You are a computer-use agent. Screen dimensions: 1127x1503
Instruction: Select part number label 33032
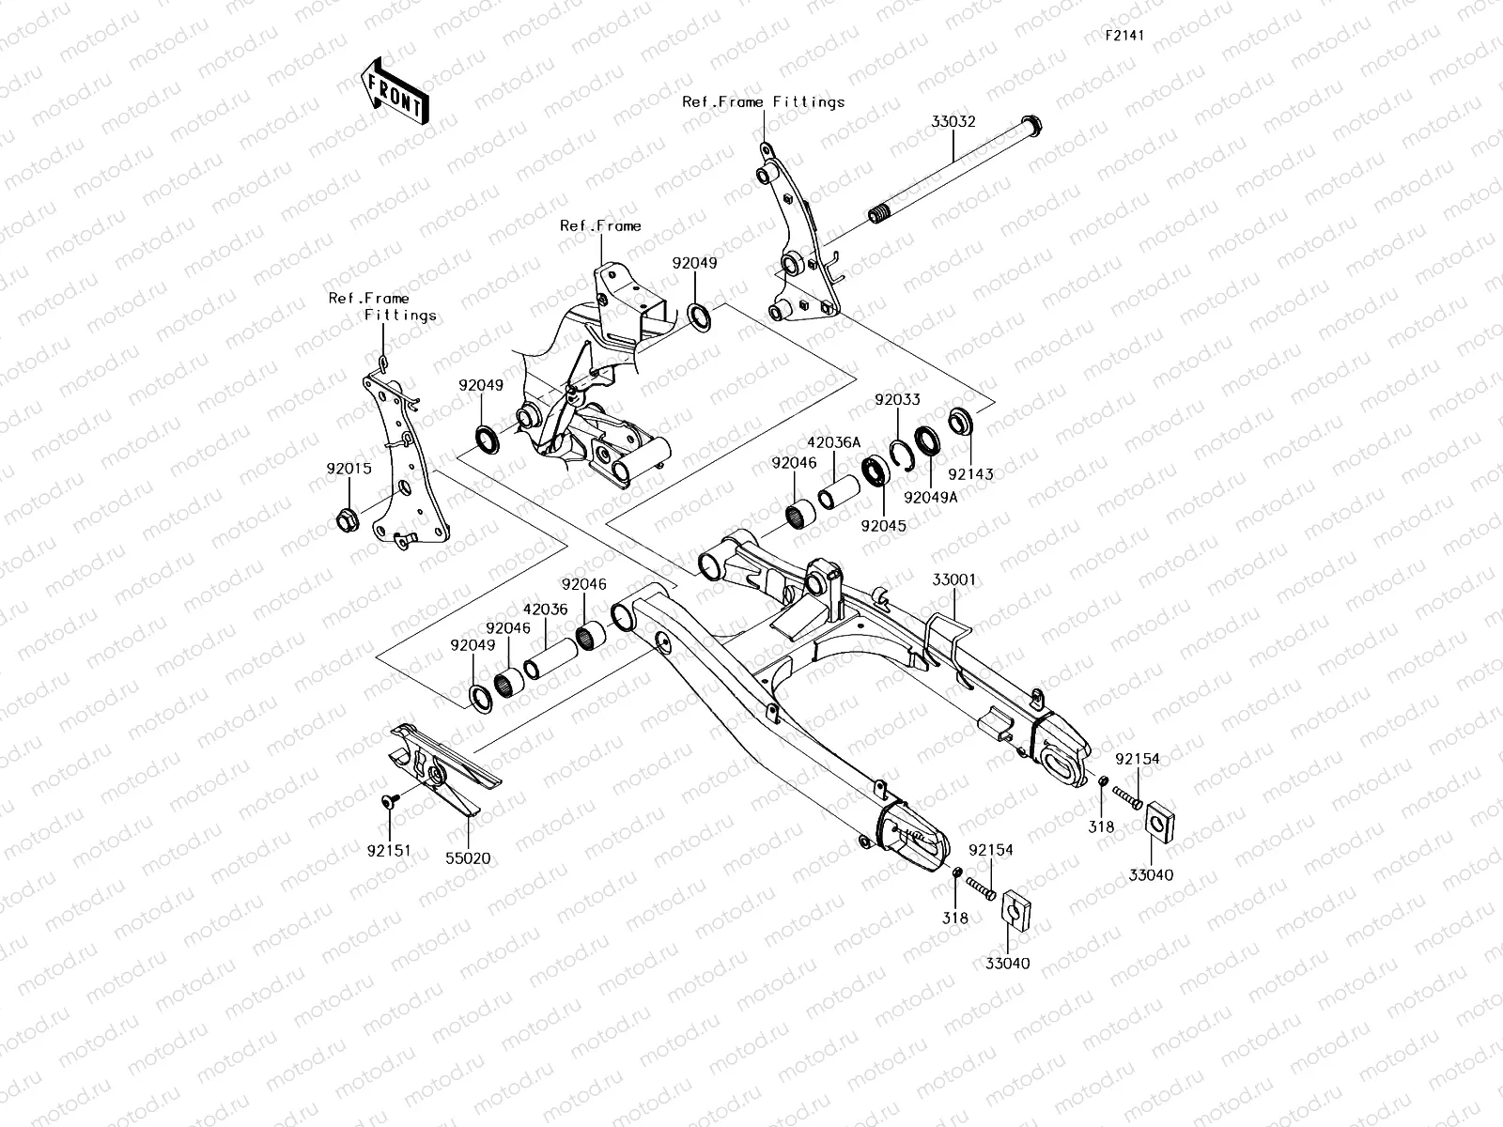pyautogui.click(x=953, y=122)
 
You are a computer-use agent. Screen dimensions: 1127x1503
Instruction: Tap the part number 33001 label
pyautogui.click(x=953, y=580)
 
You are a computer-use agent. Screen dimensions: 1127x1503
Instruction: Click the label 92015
pyautogui.click(x=349, y=468)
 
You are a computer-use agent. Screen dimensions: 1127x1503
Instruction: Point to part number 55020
pyautogui.click(x=468, y=857)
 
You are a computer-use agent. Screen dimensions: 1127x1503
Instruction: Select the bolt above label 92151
pyautogui.click(x=391, y=800)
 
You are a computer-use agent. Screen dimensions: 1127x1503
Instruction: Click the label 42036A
pyautogui.click(x=833, y=442)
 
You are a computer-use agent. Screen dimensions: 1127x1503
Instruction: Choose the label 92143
pyautogui.click(x=970, y=474)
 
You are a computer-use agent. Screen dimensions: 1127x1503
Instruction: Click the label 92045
pyautogui.click(x=884, y=526)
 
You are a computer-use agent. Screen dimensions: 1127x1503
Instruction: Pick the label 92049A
pyautogui.click(x=930, y=497)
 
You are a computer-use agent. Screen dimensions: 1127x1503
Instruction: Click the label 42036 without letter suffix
pyautogui.click(x=546, y=609)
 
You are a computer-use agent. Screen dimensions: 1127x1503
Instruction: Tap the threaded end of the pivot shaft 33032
pyautogui.click(x=880, y=217)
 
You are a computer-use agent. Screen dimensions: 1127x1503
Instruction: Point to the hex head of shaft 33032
pyautogui.click(x=1030, y=123)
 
